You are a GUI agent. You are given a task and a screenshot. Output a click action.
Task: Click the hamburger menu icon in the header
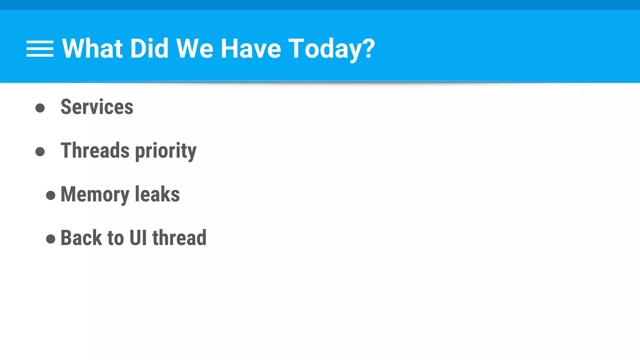point(40,49)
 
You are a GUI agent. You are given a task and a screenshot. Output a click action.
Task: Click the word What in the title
point(92,48)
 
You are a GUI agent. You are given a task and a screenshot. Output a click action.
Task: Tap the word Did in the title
point(149,48)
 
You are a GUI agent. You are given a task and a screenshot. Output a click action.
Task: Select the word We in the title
point(195,48)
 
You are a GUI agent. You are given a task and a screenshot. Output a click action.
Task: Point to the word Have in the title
point(251,48)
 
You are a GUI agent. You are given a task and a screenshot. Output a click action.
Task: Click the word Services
point(97,107)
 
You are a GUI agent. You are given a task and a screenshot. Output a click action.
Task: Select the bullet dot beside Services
point(40,108)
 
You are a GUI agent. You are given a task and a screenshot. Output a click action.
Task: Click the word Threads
point(95,150)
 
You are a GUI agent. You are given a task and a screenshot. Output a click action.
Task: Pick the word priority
point(166,151)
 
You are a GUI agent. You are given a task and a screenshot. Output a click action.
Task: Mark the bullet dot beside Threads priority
point(40,152)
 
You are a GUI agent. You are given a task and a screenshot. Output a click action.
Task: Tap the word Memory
point(95,195)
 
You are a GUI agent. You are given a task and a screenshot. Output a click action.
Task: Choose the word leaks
point(157,194)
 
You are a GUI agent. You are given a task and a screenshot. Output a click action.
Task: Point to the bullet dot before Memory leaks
point(51,196)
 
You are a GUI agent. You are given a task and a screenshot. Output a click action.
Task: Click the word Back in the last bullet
point(81,238)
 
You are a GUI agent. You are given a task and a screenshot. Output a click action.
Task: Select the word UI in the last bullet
point(138,238)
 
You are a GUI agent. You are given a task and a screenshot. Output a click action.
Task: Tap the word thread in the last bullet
point(179,238)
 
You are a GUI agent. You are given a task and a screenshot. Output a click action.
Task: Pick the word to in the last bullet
point(116,238)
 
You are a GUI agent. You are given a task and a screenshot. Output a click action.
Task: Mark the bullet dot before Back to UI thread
point(51,239)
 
